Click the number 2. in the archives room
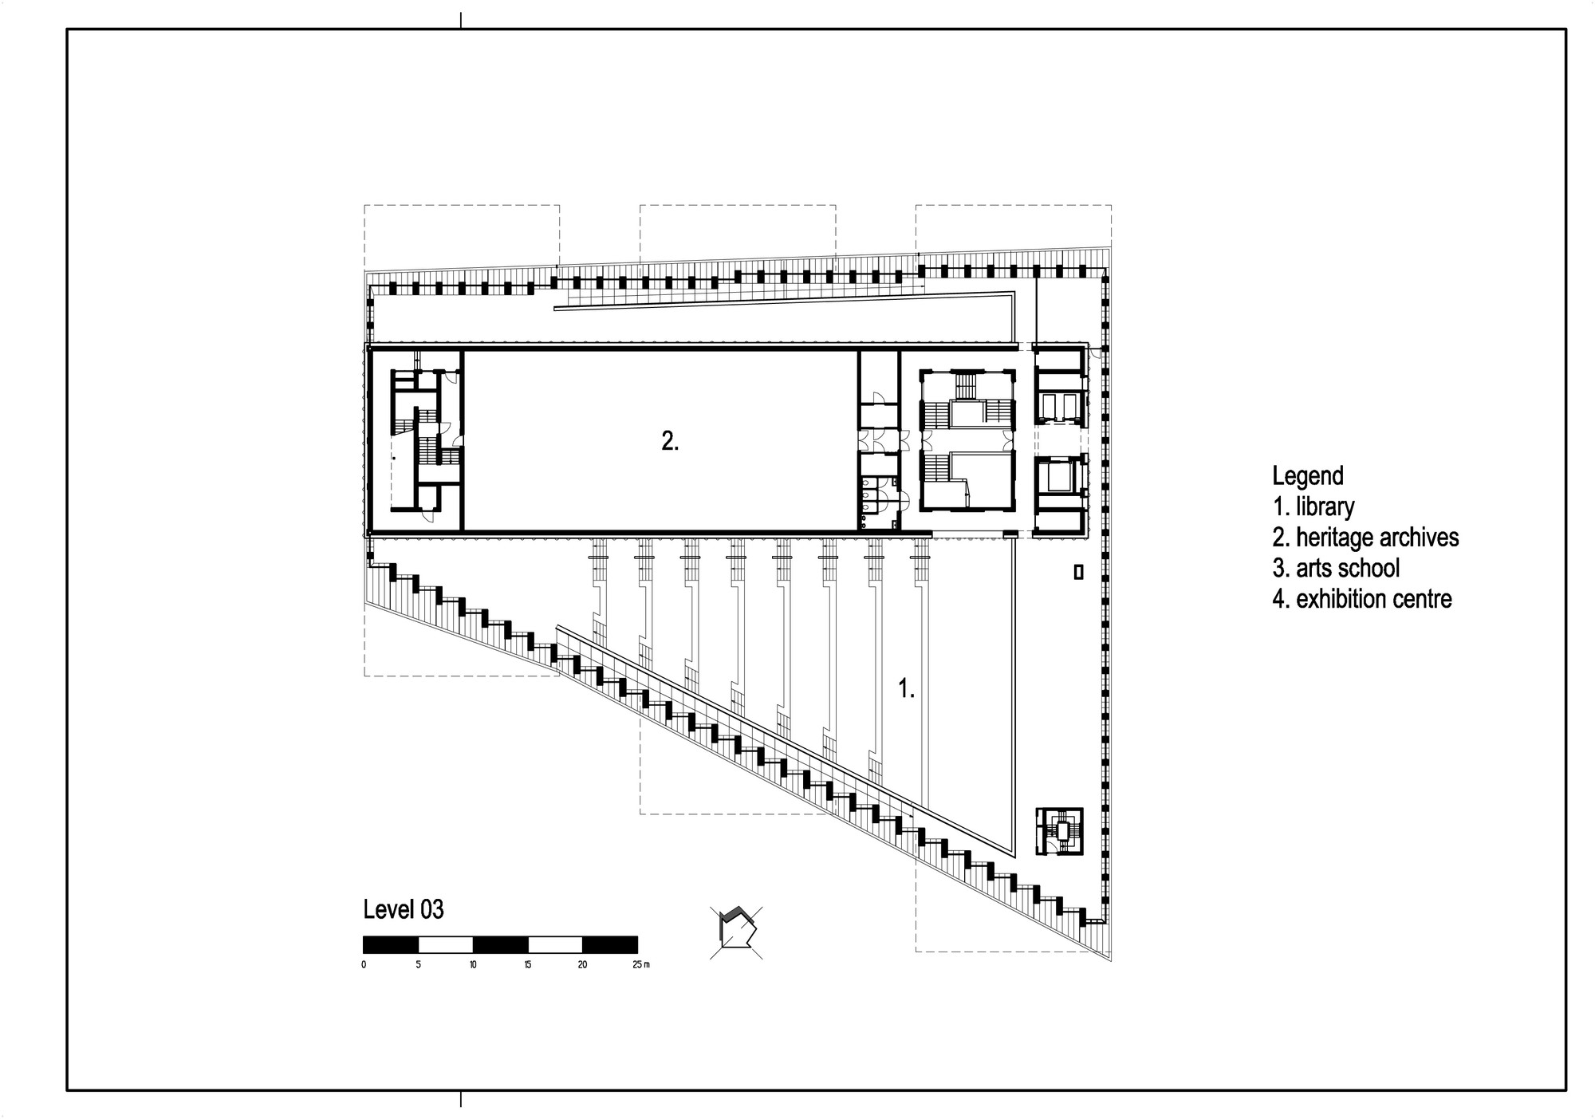tap(670, 441)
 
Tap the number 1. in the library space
tap(907, 688)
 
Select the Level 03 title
tap(404, 909)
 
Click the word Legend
tap(1308, 476)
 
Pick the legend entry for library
tap(1313, 506)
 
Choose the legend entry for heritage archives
tap(1365, 538)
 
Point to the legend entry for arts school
tap(1336, 568)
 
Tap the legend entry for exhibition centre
tap(1362, 599)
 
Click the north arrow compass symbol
tap(736, 932)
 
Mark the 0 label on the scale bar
tap(364, 965)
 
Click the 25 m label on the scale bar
tap(641, 965)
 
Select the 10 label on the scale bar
tap(473, 965)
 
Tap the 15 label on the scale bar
tap(528, 965)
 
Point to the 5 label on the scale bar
tap(418, 965)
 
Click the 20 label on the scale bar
tap(582, 965)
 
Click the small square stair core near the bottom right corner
tap(1060, 831)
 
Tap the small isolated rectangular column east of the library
tap(1079, 572)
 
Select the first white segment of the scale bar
tap(446, 944)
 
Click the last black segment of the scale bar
tap(610, 944)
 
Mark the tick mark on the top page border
tap(461, 21)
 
